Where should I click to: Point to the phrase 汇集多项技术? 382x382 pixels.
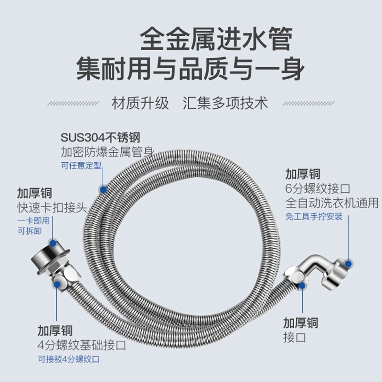[225, 103]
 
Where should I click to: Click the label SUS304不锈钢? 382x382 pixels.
[100, 138]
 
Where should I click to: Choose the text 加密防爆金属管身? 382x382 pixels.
[107, 153]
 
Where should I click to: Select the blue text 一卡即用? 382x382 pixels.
[33, 221]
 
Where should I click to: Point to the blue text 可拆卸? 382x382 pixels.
[29, 230]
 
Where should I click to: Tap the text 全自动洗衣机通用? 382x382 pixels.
[332, 202]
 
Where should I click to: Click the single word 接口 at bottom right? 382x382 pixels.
[294, 338]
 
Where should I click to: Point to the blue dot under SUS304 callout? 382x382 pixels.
[102, 189]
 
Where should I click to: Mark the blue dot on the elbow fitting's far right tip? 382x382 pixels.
[349, 263]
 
